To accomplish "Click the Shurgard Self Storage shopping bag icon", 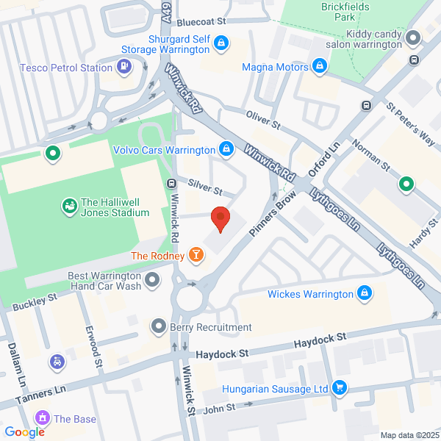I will click(219, 44).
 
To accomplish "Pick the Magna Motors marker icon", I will click(319, 68).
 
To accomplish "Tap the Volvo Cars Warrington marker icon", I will click(226, 149).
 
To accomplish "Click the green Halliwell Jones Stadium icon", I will click(69, 207).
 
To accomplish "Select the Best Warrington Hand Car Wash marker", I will click(152, 280).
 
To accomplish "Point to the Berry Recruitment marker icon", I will click(158, 326).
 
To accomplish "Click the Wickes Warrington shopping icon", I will click(363, 295).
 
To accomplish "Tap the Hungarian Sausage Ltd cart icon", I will click(339, 387).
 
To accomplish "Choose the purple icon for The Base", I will click(43, 419).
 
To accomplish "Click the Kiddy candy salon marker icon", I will click(414, 37).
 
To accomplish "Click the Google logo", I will click(24, 432).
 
